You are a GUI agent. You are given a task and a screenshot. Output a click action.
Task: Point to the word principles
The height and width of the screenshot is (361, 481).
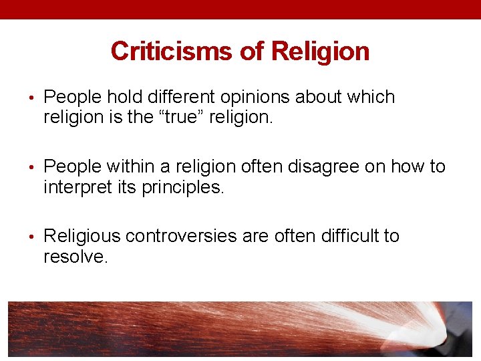(x=182, y=188)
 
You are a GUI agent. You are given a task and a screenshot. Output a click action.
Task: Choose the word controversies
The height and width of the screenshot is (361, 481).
(x=179, y=236)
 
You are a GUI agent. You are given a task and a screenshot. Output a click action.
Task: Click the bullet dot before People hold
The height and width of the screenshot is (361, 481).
(x=33, y=98)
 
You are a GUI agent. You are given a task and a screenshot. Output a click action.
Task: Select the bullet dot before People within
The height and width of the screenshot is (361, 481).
(x=33, y=167)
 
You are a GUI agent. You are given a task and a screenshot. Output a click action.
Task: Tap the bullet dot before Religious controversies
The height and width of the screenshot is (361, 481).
(x=33, y=237)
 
